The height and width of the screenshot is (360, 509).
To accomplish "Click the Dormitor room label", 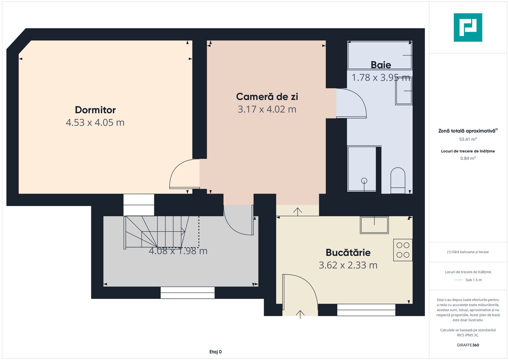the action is click(95, 110).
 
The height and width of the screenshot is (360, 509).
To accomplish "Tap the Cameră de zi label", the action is click(267, 97).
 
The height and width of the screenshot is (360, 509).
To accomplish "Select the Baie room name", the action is click(381, 65).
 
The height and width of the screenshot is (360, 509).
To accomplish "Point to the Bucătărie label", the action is click(348, 252).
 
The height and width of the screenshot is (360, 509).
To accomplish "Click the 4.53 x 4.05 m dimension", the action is click(95, 123).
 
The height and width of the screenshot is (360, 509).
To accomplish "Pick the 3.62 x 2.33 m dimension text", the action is click(348, 265).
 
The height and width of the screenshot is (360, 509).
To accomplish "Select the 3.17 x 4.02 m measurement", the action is click(267, 109).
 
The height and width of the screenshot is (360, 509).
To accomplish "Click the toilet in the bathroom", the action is click(398, 181).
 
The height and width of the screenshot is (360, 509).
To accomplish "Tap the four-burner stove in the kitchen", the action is click(403, 250).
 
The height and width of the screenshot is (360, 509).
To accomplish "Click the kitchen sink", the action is click(374, 225).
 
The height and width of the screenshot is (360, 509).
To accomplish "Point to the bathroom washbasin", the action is click(404, 91).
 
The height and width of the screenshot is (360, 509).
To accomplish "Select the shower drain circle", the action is click(364, 181).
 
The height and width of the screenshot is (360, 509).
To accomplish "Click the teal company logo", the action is click(468, 27).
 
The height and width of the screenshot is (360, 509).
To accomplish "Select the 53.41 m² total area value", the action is click(468, 139).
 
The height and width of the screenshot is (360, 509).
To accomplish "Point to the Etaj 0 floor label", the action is click(215, 352).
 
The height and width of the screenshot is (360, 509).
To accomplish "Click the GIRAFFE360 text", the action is click(468, 345).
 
